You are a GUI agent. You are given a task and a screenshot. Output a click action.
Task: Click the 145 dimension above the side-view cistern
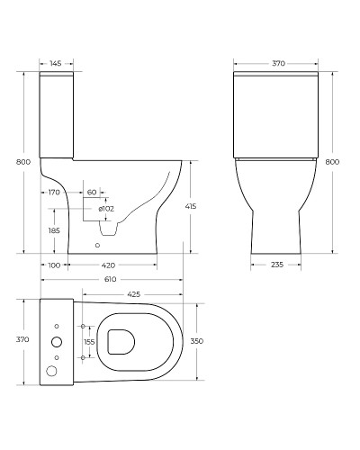[55, 63]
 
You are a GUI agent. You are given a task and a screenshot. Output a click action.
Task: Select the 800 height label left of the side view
[9, 162]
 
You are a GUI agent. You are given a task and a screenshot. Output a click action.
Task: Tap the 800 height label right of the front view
[331, 162]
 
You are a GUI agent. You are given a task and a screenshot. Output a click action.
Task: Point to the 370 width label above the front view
[278, 63]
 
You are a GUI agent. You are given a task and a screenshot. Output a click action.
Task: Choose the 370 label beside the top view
[10, 339]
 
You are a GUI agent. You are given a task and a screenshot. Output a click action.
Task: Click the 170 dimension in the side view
[54, 193]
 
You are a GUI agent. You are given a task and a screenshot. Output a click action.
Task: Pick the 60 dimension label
[92, 193]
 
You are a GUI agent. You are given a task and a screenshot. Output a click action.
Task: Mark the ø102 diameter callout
[105, 209]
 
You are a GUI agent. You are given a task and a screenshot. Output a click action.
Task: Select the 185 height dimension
[54, 231]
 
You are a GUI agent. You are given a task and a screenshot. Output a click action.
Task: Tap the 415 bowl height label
[203, 207]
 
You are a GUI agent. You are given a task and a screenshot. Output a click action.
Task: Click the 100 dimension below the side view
[54, 265]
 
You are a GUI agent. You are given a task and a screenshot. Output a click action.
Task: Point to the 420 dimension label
[108, 265]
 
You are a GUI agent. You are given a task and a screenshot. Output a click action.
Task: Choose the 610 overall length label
[108, 279]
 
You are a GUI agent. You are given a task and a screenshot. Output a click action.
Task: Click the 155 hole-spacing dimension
[88, 342]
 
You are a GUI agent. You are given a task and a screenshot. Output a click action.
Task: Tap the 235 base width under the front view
[278, 265]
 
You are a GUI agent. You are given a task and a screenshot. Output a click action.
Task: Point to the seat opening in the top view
[120, 340]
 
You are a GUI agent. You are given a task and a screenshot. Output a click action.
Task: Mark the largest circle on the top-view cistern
[57, 341]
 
